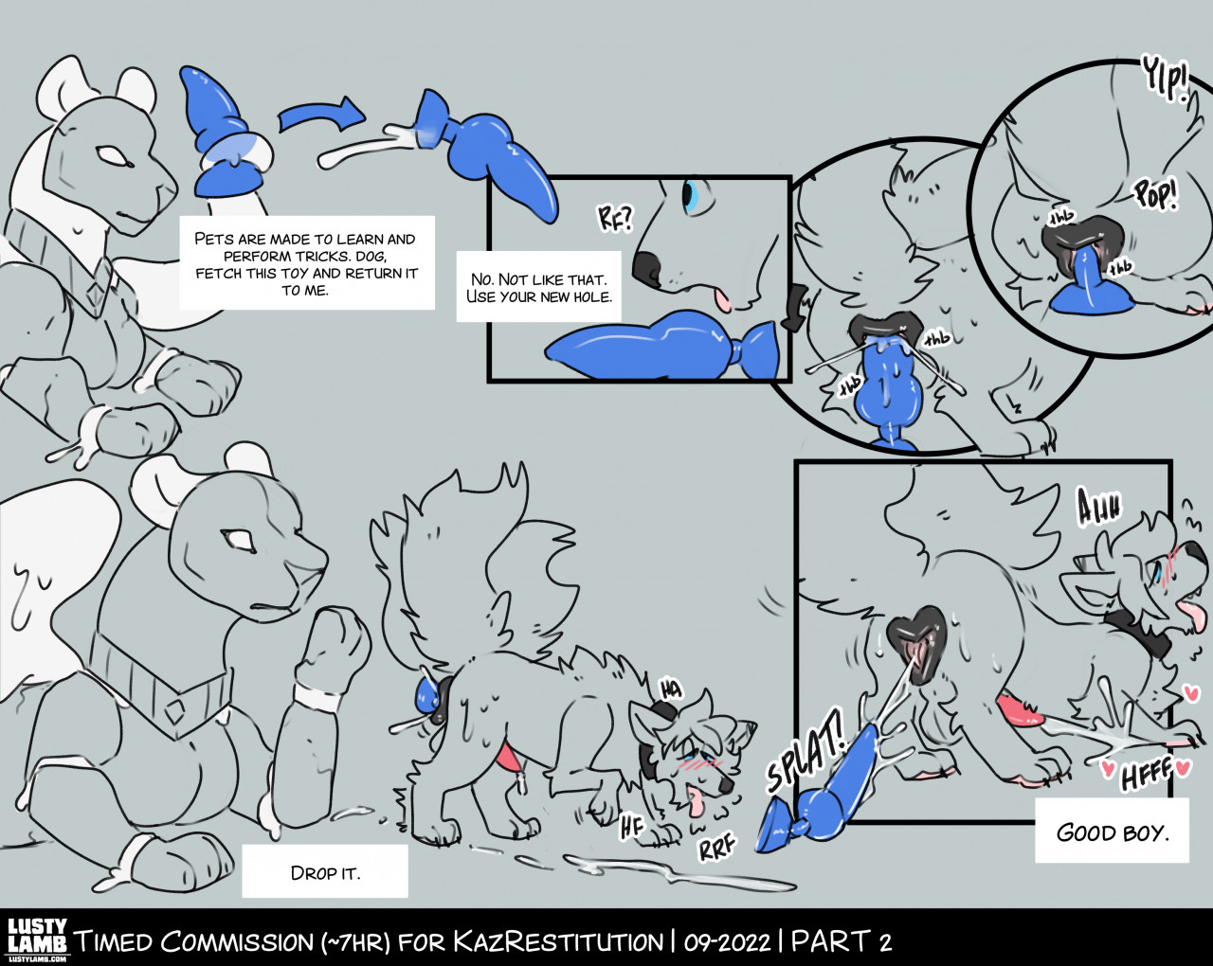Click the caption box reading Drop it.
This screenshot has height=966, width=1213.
[325, 870]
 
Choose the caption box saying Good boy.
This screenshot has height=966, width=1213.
[1112, 831]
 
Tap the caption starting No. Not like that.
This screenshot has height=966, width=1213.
[539, 287]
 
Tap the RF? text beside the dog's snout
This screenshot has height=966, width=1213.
[616, 218]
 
